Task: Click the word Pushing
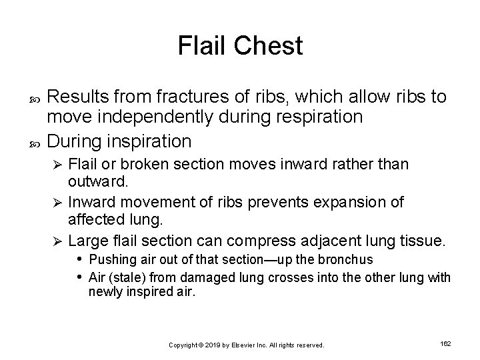point(110,259)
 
